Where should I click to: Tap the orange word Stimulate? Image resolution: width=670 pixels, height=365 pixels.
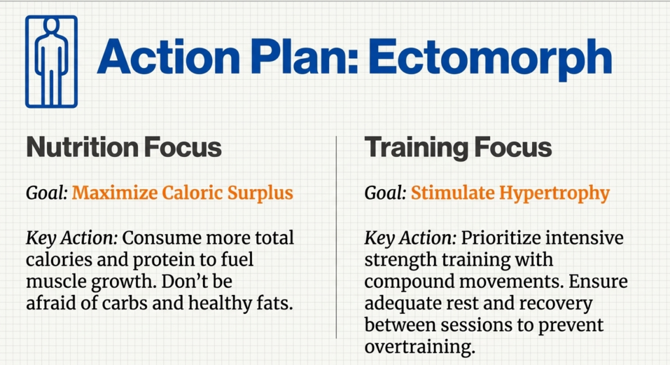pos(451,194)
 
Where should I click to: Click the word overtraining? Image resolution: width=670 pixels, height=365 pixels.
pos(419,347)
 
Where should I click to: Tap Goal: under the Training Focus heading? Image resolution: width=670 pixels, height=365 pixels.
pos(385,194)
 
